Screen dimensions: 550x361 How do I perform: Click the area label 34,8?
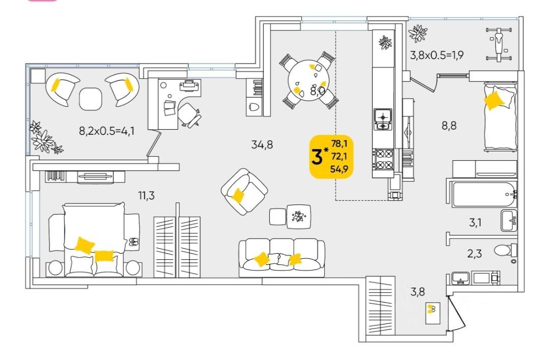[x=262, y=144]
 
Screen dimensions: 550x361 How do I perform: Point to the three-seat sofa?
[x=282, y=257]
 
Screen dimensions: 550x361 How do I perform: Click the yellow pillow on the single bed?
[x=494, y=99]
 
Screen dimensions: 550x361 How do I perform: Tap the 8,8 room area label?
[x=449, y=125]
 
